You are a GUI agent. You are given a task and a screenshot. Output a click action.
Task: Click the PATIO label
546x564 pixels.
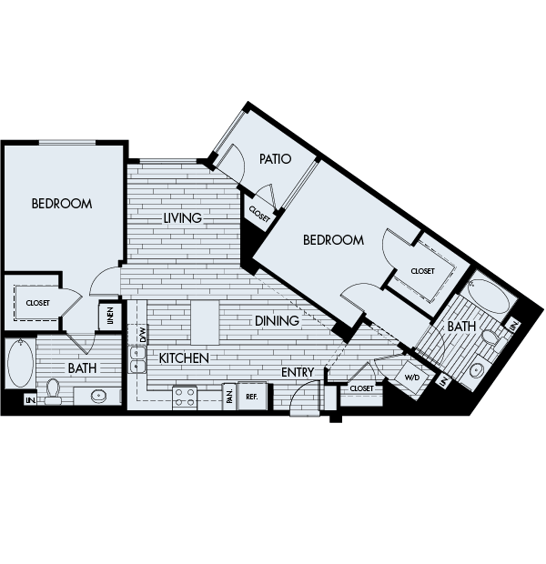[274, 159]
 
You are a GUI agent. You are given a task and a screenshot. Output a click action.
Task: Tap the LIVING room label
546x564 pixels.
[183, 218]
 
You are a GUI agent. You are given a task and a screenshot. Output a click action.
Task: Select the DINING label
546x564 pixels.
[278, 321]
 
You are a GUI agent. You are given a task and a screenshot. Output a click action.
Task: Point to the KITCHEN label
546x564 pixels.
[184, 358]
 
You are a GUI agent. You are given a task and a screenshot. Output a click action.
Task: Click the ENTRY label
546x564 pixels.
[298, 372]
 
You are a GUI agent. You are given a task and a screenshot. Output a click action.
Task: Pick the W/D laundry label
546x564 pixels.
[412, 375]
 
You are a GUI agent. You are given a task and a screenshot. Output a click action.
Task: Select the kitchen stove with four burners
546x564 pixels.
[186, 397]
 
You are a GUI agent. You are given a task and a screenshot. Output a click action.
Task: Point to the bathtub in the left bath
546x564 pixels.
[19, 365]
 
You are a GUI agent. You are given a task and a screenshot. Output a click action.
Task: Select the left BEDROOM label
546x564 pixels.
[62, 204]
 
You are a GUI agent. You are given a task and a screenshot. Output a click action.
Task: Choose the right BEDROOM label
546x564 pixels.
[333, 240]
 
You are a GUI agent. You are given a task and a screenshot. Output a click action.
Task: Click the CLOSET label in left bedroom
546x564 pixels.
[37, 303]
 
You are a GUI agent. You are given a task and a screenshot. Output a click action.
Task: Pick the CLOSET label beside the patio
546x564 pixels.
[259, 216]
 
